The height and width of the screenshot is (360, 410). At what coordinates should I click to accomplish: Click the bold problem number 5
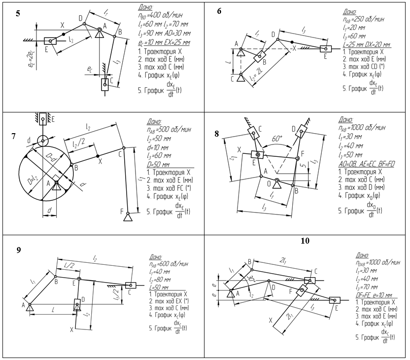(18, 13)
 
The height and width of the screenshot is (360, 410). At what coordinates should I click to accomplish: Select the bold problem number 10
(305, 241)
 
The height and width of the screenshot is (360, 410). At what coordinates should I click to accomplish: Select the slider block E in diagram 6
(326, 49)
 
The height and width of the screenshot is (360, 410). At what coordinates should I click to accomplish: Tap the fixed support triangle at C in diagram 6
(240, 77)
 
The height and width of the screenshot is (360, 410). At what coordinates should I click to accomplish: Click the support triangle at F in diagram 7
(129, 216)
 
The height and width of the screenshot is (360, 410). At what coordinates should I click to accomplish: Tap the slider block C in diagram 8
(254, 132)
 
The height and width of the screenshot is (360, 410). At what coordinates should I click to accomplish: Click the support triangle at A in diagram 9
(31, 307)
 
